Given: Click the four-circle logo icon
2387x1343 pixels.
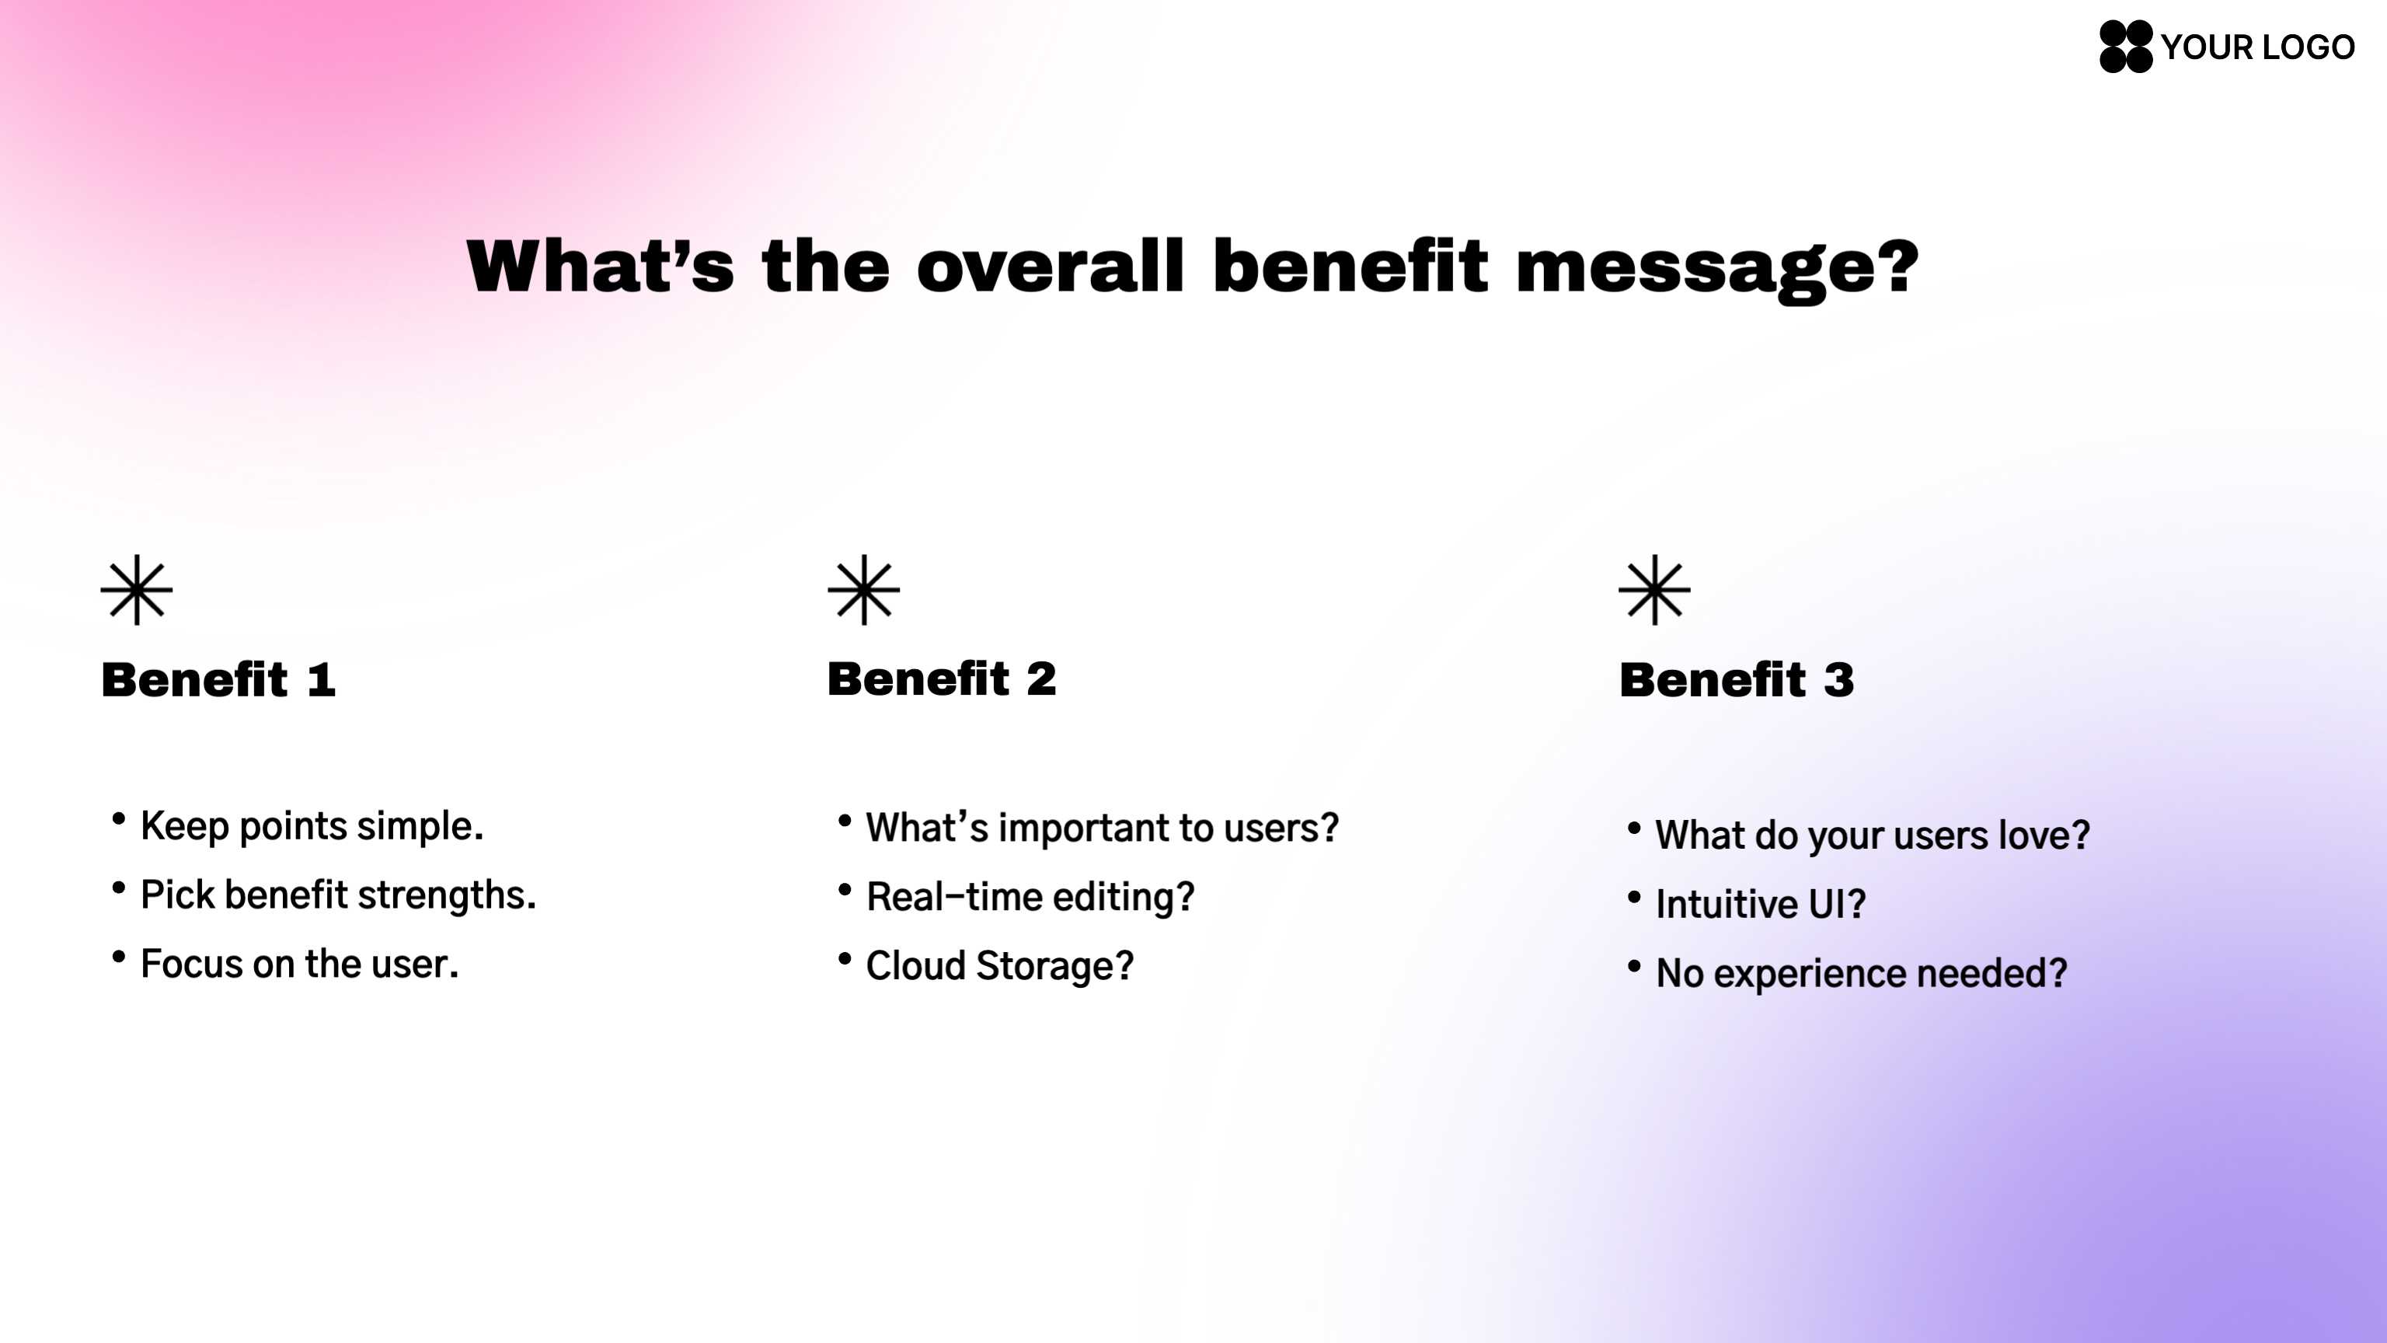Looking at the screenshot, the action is [x=2126, y=47].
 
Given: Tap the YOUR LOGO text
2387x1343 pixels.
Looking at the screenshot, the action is [x=2257, y=47].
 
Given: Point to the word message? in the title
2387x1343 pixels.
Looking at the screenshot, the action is [x=1717, y=270].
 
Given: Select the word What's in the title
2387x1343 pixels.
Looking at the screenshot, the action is [x=601, y=266].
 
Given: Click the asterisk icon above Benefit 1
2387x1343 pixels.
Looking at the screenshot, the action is [x=136, y=589].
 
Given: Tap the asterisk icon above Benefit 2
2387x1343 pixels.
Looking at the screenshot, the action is [x=863, y=589].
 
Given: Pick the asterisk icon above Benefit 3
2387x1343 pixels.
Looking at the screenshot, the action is [x=1655, y=589].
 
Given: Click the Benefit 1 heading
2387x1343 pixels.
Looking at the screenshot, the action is [x=218, y=679].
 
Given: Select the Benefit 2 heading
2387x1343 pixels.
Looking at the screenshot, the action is [x=942, y=678].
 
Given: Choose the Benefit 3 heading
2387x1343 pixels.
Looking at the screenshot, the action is [x=1737, y=679].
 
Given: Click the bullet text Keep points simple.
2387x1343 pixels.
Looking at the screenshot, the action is [x=312, y=826].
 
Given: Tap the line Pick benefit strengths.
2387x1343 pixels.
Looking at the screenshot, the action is [x=338, y=895].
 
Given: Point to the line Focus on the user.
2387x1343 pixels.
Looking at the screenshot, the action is [x=299, y=964].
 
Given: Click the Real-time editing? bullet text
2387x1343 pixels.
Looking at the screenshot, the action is [x=1030, y=897].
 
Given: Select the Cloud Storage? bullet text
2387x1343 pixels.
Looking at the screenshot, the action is [x=1000, y=966].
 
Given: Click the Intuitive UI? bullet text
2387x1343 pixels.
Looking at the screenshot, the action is [x=1761, y=904].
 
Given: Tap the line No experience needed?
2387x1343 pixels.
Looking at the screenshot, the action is [x=1862, y=973].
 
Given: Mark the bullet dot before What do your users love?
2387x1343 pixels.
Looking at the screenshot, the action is [x=1633, y=828].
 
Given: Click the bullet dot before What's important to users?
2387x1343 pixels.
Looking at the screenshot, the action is [x=844, y=820].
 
